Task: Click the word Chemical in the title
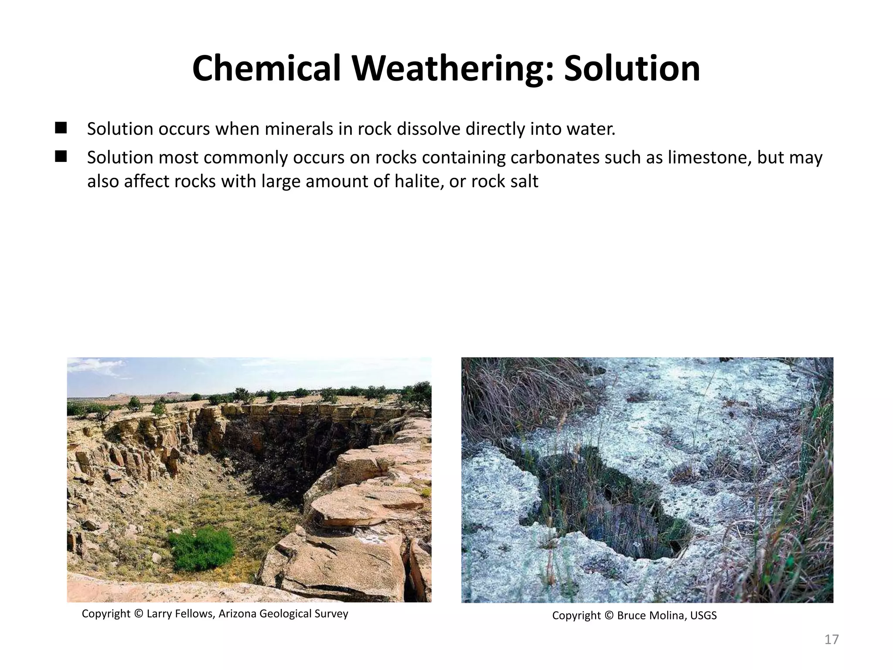266,68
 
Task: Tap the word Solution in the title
632,68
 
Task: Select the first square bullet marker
61,128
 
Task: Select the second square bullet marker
61,156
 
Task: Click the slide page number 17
832,639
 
